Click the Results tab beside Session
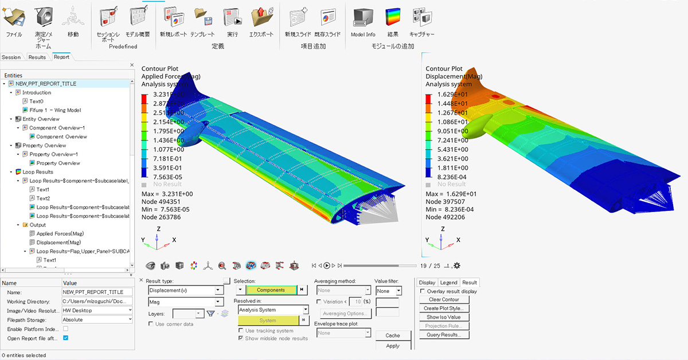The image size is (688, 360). (37, 57)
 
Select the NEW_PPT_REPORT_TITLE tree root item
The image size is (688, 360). (45, 84)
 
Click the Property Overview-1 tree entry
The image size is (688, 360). (53, 154)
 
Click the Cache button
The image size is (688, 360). (393, 335)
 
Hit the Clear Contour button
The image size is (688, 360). (443, 300)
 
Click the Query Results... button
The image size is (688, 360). (443, 335)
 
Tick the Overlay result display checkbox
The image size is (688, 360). (423, 291)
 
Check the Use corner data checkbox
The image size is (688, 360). (151, 324)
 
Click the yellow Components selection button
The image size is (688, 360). (271, 290)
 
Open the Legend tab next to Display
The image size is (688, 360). (448, 283)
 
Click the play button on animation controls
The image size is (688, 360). (327, 265)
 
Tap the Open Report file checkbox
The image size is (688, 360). (65, 338)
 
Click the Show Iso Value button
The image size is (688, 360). (443, 317)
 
